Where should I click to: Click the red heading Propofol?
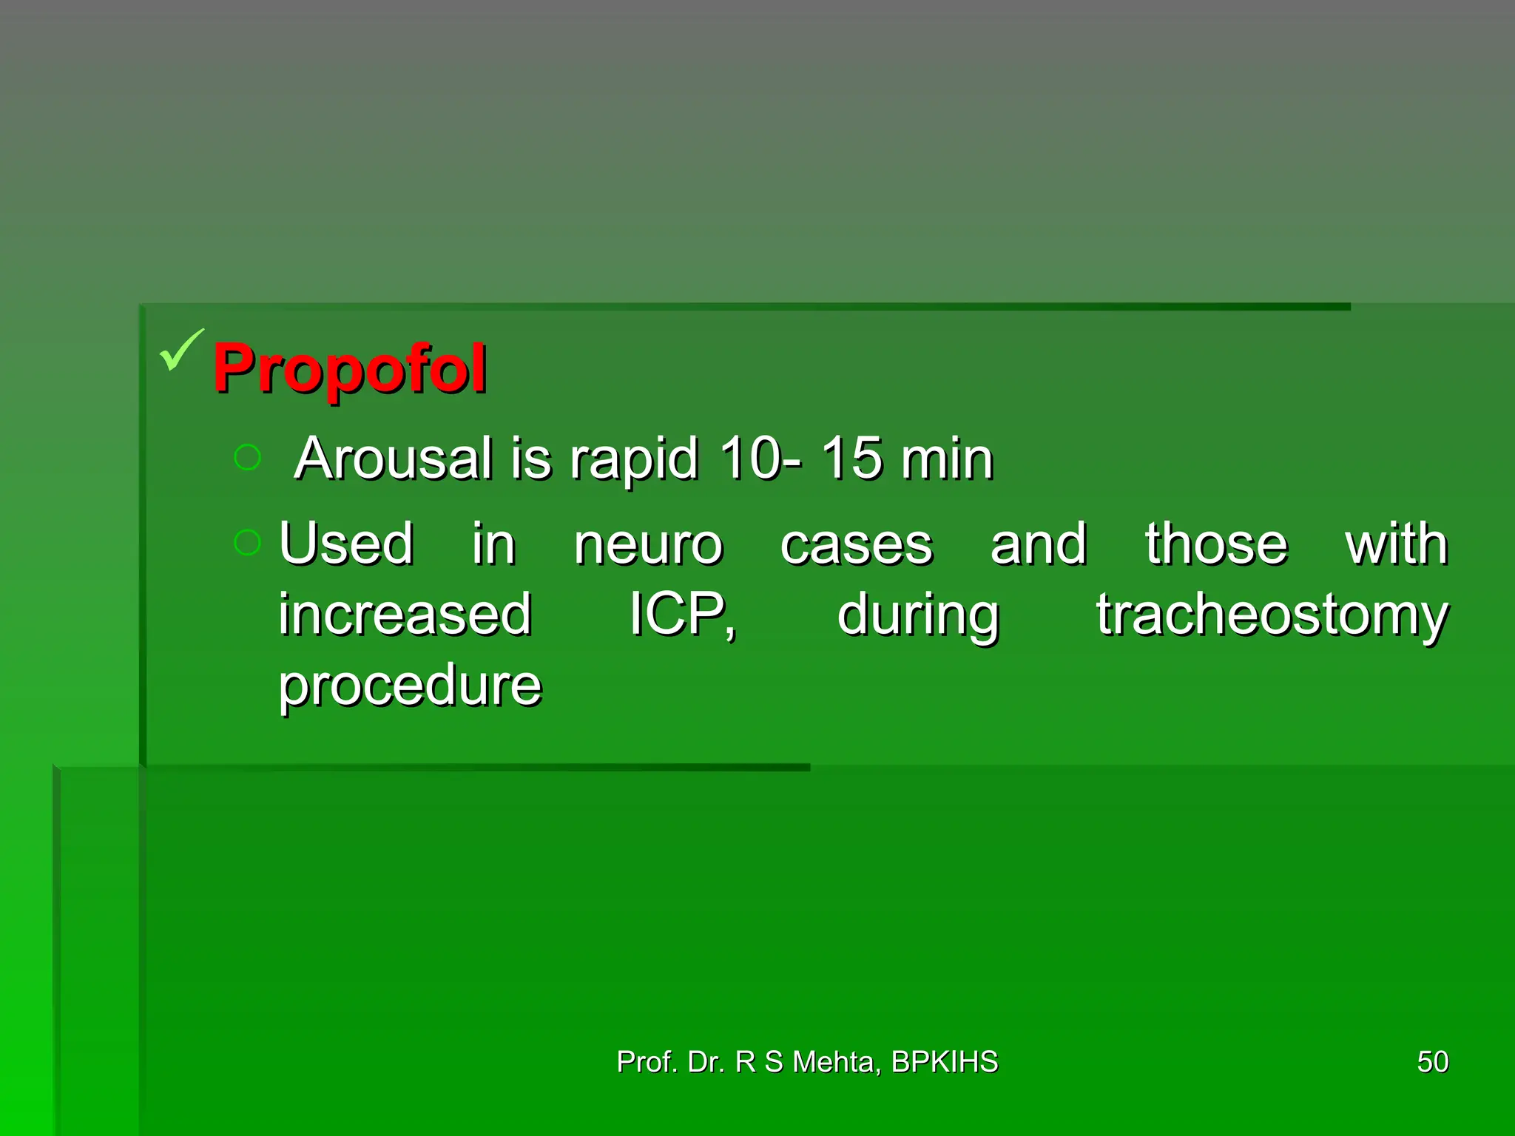pyautogui.click(x=350, y=368)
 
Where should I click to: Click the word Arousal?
pyautogui.click(x=393, y=459)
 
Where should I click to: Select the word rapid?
pyautogui.click(x=634, y=460)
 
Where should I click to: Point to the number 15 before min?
pyautogui.click(x=851, y=459)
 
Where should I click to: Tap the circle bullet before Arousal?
pyautogui.click(x=248, y=458)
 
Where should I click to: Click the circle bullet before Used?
pyautogui.click(x=248, y=543)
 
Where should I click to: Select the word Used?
pyautogui.click(x=345, y=544)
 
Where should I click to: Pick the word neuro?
pyautogui.click(x=648, y=545)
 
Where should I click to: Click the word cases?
pyautogui.click(x=857, y=545)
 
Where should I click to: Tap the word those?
pyautogui.click(x=1216, y=544)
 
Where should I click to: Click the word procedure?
pyautogui.click(x=410, y=686)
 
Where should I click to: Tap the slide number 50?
pyautogui.click(x=1432, y=1062)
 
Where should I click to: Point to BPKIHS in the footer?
pyautogui.click(x=944, y=1062)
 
